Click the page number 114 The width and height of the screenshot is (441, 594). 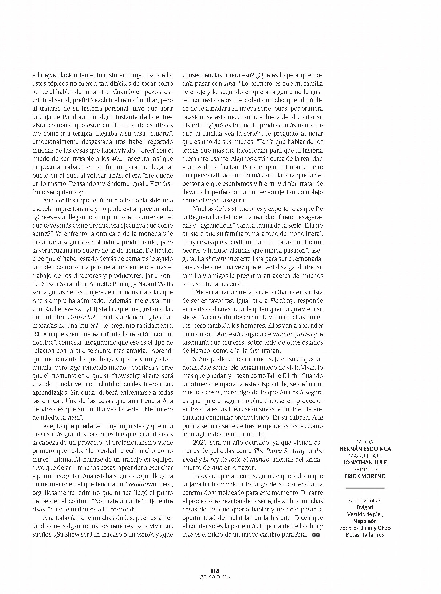[215, 571]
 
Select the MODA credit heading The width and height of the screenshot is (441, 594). [365, 442]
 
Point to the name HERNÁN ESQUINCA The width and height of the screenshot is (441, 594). [365, 449]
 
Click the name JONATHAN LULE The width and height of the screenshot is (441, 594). [365, 462]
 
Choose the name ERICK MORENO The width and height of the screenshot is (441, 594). [365, 476]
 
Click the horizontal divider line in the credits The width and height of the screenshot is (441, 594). [365, 488]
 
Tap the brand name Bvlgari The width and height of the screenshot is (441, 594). [365, 507]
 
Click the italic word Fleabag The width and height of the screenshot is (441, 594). [280, 301]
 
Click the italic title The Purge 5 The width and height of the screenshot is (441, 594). [270, 451]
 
